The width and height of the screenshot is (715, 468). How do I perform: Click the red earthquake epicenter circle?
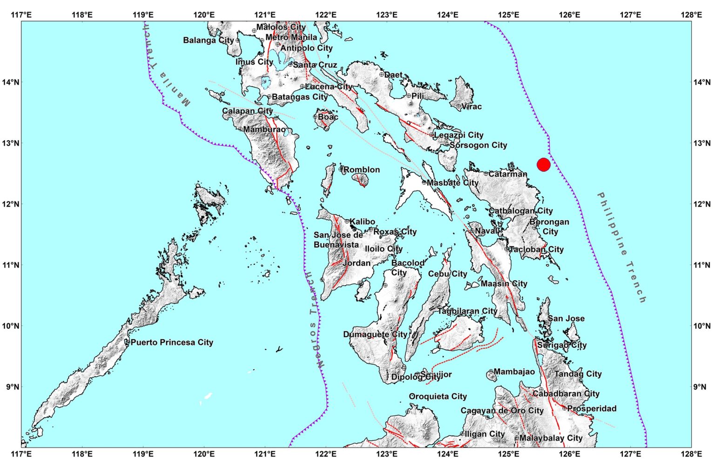(543, 164)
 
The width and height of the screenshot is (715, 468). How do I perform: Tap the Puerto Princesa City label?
(172, 342)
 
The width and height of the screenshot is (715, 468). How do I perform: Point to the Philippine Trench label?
(622, 247)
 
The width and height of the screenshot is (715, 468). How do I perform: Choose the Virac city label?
(471, 107)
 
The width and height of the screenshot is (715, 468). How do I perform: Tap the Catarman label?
(508, 174)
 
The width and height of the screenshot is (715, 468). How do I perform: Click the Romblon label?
(362, 170)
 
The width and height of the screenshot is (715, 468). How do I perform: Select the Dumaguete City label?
(375, 334)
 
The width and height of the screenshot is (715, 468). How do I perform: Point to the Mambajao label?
(514, 372)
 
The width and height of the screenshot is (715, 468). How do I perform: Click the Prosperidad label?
(592, 408)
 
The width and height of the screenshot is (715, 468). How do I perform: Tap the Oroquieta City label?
(438, 396)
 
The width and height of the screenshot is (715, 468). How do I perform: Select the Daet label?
(393, 75)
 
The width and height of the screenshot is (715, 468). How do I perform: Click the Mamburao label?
(264, 129)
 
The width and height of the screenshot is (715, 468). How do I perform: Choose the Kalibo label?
(362, 222)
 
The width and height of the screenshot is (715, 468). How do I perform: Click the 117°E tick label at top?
(21, 15)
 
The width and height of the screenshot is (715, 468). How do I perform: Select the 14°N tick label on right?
(702, 82)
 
